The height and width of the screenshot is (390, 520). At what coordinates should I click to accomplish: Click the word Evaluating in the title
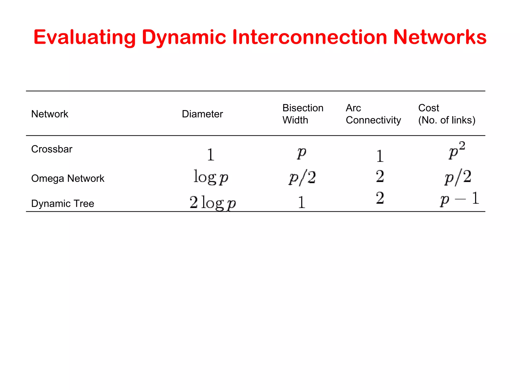point(85,37)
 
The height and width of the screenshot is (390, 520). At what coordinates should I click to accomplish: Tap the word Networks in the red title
point(440,37)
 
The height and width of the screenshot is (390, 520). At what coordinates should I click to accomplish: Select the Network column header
point(50,114)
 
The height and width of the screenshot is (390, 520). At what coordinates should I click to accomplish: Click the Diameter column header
point(202,114)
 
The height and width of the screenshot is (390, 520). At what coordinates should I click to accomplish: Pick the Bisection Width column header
point(303,114)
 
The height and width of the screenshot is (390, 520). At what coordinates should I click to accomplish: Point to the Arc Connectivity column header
point(373,114)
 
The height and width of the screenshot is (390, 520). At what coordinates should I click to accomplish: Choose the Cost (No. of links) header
point(447,114)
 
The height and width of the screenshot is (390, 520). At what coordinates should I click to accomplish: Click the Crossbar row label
point(52,149)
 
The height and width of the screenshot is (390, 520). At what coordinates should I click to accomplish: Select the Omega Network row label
point(68,178)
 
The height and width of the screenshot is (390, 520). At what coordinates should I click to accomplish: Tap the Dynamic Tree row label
point(63,204)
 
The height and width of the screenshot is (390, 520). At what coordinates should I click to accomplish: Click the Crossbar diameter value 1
point(210,154)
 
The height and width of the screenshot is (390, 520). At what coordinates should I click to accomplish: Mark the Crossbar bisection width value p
point(302,153)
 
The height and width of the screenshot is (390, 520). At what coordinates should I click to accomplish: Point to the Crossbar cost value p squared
point(457,150)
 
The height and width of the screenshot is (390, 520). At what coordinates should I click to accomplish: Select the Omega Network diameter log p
point(211,177)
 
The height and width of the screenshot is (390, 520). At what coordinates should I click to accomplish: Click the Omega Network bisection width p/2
point(302,177)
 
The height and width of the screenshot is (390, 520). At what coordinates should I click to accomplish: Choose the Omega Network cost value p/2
point(458,177)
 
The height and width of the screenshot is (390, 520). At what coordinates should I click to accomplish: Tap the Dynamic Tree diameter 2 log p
point(213,203)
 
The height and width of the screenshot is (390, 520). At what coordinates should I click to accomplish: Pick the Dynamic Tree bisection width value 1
point(301,202)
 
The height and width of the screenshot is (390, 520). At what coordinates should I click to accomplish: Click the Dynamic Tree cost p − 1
point(460,199)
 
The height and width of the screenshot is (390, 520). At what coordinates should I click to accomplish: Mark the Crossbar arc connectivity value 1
point(380,156)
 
